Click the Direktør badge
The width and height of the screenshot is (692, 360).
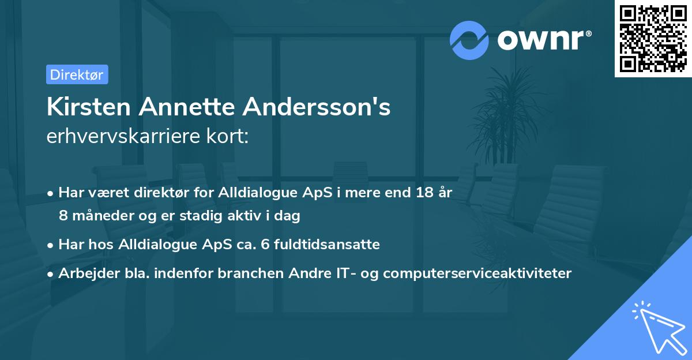pyautogui.click(x=77, y=74)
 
